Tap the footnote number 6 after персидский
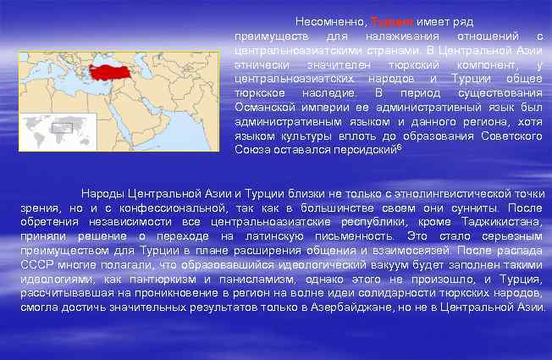coord(399,147)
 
